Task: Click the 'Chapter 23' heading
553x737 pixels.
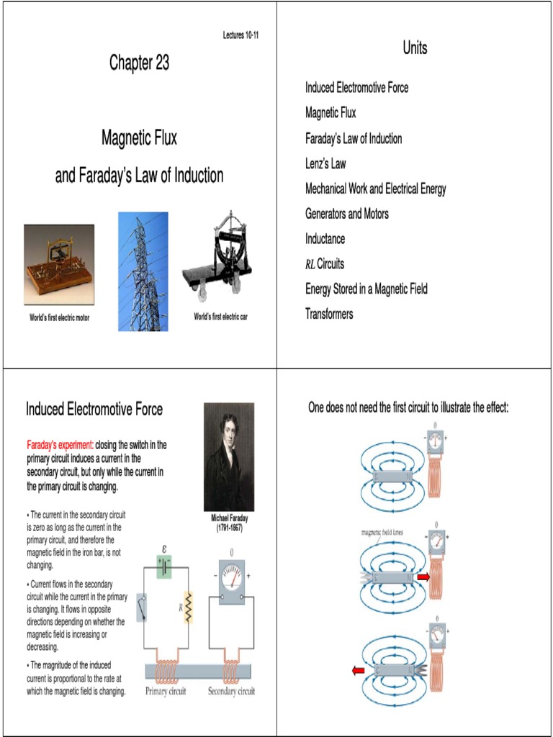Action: pyautogui.click(x=139, y=63)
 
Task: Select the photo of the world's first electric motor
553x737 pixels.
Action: pyautogui.click(x=59, y=264)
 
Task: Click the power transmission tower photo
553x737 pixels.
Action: pyautogui.click(x=143, y=271)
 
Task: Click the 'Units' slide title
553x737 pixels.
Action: pyautogui.click(x=415, y=48)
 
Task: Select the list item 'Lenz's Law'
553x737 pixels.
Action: pyautogui.click(x=325, y=163)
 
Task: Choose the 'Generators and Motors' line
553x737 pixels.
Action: pyautogui.click(x=347, y=214)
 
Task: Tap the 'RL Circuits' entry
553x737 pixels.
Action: pyautogui.click(x=325, y=264)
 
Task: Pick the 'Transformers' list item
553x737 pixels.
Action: pyautogui.click(x=329, y=314)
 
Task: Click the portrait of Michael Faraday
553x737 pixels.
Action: pyautogui.click(x=229, y=456)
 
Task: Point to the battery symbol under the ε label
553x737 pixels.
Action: pyautogui.click(x=166, y=566)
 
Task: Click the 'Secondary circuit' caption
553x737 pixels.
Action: pyautogui.click(x=231, y=692)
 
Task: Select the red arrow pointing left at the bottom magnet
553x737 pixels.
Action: pyautogui.click(x=358, y=671)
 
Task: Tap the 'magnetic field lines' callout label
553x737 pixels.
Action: pyautogui.click(x=382, y=532)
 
